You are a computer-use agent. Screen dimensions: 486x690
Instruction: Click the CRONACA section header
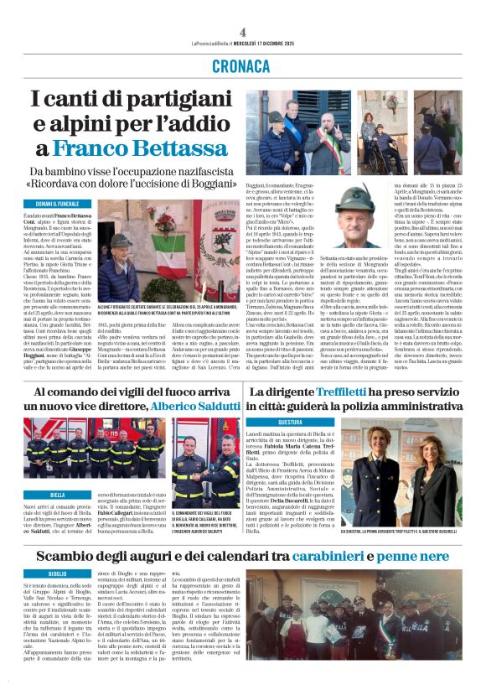[x=242, y=65]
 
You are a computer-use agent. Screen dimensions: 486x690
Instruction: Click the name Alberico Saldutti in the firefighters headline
[x=194, y=406]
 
